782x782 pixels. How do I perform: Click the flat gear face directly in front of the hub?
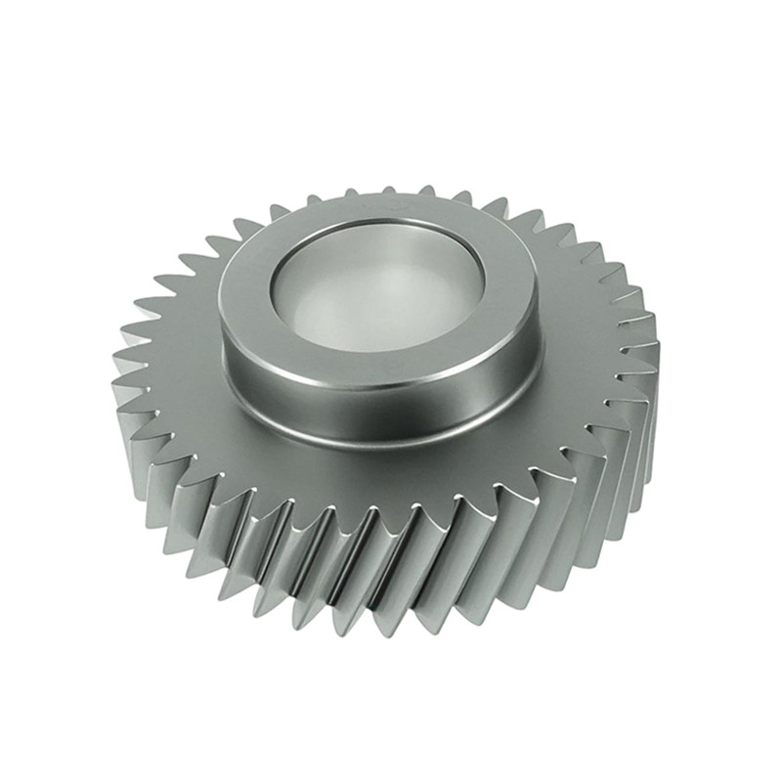(391, 479)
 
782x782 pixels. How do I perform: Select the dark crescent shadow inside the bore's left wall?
(283, 293)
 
